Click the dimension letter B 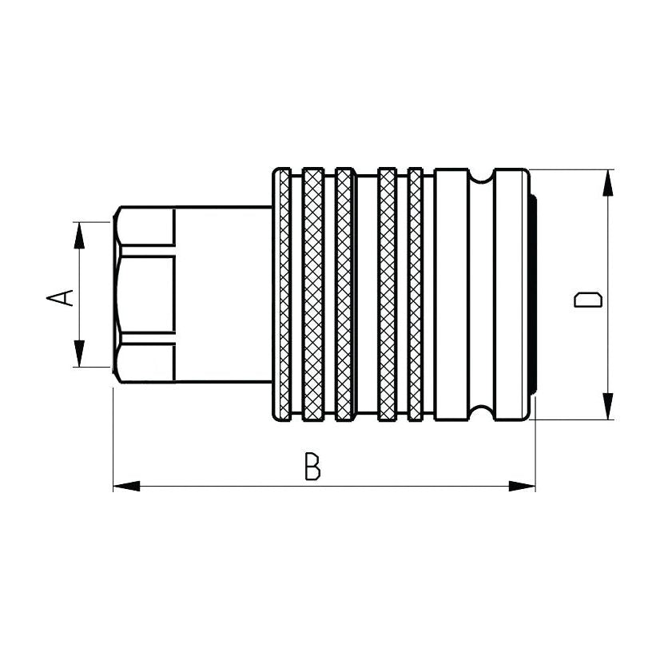coord(313,467)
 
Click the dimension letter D coord(588,300)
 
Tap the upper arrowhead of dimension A coord(79,235)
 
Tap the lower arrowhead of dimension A coord(79,353)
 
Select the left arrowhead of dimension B coord(126,485)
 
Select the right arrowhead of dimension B coord(523,485)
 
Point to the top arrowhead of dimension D coord(608,183)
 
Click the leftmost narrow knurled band coord(284,294)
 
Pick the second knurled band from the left coord(313,294)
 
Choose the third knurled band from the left coord(344,294)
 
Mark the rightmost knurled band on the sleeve coord(415,294)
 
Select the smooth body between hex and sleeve coord(223,294)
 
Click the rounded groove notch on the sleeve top coord(481,177)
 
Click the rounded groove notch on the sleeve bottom coord(481,412)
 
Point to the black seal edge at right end coord(533,294)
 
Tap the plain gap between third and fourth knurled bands coord(366,294)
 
